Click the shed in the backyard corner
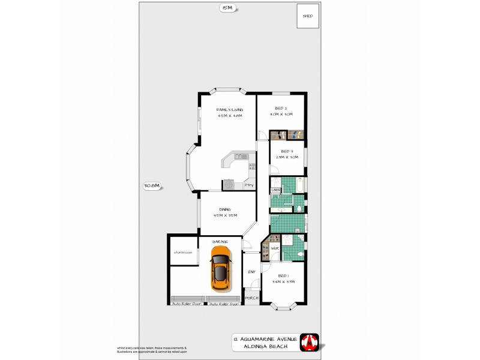click(308, 17)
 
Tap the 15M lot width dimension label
click(226, 8)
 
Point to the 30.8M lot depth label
click(152, 186)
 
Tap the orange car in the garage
click(220, 269)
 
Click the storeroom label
click(183, 253)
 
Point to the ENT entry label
click(251, 272)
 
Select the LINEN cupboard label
click(275, 190)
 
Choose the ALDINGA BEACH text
click(266, 347)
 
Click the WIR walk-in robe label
click(275, 248)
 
